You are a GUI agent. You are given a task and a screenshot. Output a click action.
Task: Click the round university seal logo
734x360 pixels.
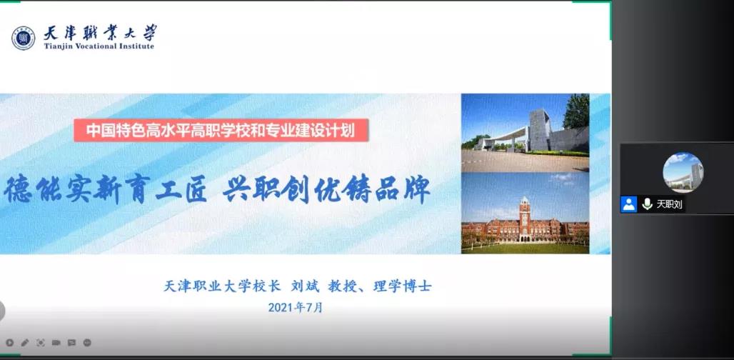pos(24,38)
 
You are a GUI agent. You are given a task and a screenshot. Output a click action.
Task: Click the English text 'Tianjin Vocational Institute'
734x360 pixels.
pos(99,46)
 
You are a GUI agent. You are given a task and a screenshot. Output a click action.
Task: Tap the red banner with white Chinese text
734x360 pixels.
pos(221,130)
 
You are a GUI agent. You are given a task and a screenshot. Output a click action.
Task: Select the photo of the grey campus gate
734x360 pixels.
pos(525,133)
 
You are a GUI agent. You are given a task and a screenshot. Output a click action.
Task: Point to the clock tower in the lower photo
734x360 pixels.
pos(525,218)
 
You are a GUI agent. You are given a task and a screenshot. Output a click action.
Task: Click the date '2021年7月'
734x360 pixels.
pos(296,308)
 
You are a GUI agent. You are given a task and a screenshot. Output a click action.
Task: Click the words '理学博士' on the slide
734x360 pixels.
pos(402,286)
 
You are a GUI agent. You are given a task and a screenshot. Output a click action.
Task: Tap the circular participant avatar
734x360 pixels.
pos(683,172)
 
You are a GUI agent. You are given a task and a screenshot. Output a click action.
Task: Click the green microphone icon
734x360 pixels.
pos(648,204)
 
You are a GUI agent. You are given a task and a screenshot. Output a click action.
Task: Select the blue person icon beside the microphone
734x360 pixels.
pos(628,204)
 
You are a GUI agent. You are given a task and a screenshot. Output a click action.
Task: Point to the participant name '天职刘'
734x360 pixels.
pos(669,204)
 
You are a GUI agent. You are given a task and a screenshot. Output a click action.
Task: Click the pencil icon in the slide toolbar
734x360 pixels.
pos(25,343)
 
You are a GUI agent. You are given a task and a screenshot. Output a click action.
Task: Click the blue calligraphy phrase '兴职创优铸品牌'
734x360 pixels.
pos(326,189)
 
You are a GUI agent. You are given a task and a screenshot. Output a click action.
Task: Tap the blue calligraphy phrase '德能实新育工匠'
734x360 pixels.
pos(106,189)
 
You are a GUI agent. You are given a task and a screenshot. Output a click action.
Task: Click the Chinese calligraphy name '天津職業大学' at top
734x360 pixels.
pos(100,32)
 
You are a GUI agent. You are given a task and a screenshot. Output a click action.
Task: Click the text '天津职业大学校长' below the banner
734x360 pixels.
pos(222,286)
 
